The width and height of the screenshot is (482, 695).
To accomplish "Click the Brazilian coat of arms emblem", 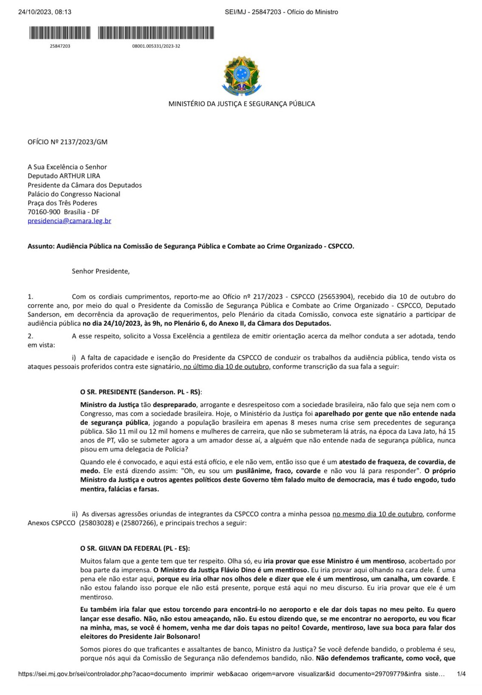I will coord(241,76).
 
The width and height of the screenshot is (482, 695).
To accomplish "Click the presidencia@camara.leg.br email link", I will coord(70,221).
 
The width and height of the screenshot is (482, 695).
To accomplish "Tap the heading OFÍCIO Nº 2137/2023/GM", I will coord(67,142).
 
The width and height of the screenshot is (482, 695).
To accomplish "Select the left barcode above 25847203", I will coord(60,33).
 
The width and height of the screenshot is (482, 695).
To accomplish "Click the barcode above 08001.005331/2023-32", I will coord(156,33).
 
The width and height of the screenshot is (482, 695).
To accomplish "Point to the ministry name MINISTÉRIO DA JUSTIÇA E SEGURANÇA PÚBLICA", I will coord(242,104).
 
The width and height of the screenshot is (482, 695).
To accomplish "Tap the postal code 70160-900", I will coord(44,212).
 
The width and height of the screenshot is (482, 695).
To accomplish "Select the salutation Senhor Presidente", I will coord(101,271).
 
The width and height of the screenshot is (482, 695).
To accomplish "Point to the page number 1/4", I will coord(461,674).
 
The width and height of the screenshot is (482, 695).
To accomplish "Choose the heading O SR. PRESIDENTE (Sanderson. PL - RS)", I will coord(141,392).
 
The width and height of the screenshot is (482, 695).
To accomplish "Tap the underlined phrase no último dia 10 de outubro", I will coord(226,367).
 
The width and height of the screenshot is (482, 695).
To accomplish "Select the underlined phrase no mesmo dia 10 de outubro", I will coord(377,514).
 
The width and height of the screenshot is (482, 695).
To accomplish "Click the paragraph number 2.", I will coord(31,336).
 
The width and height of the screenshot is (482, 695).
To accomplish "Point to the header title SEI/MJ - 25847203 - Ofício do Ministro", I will coord(281,12).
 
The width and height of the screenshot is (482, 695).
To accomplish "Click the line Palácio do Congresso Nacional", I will coord(74,194).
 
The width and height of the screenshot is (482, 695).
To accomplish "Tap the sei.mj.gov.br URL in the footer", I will coord(231,674).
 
